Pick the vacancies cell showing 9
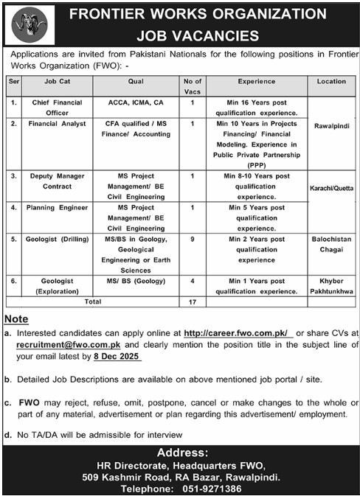(x=192, y=240)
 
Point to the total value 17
(x=192, y=301)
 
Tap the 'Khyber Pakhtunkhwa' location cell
(x=331, y=286)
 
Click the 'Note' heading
(x=15, y=318)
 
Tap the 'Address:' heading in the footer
(x=179, y=452)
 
